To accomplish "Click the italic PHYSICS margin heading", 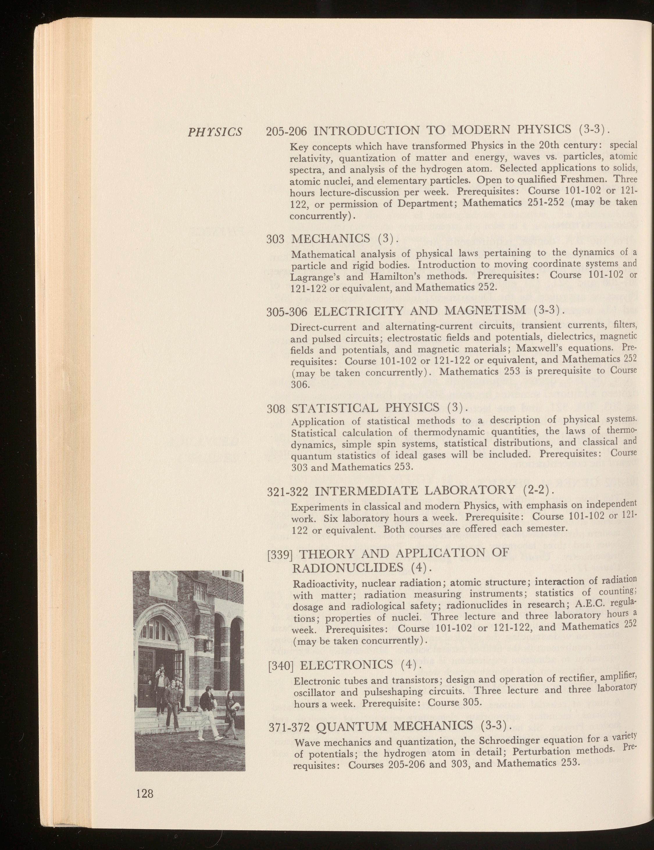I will point(215,132).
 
